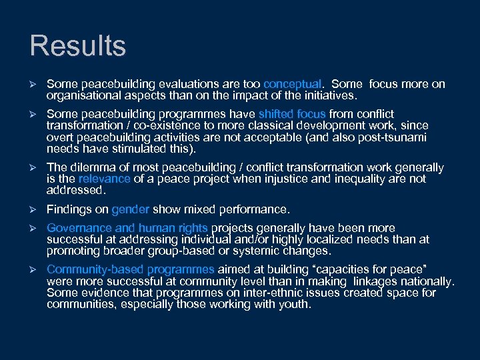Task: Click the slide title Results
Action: [77, 46]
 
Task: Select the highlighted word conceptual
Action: [293, 84]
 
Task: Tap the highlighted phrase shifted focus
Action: [292, 114]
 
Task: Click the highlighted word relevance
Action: [103, 179]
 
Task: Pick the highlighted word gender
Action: [131, 209]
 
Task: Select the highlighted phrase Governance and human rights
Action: [127, 228]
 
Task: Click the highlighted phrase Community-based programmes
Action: [131, 269]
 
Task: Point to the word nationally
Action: [431, 281]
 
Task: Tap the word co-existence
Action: [170, 125]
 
